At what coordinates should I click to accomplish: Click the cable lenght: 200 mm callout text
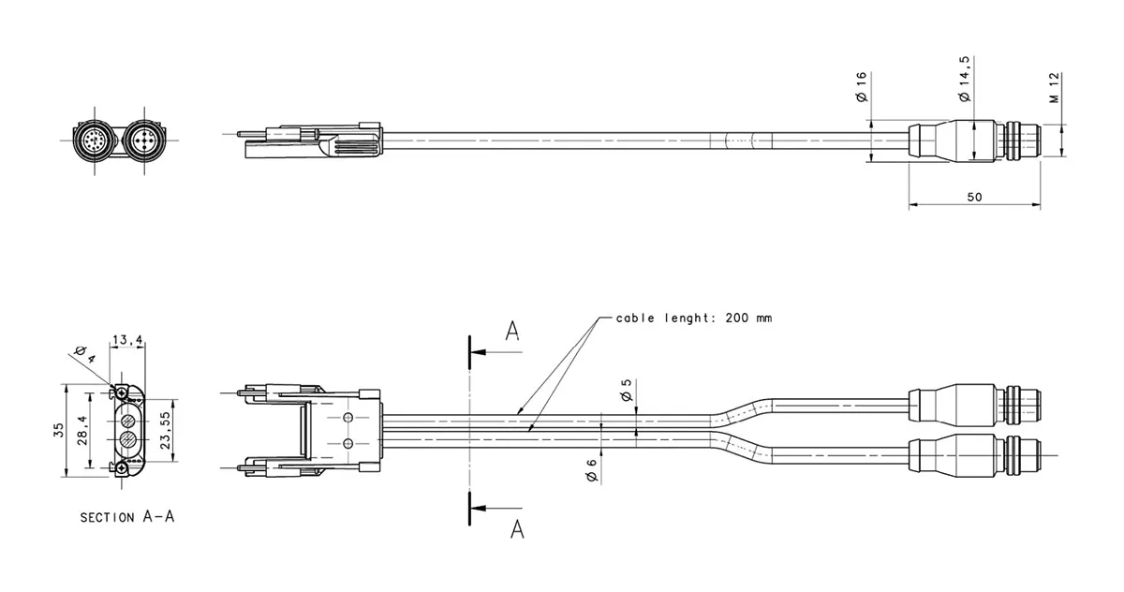click(x=694, y=318)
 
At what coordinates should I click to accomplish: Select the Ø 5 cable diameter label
click(x=626, y=392)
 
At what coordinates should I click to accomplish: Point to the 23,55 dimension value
click(x=166, y=431)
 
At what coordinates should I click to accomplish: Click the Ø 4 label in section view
click(x=84, y=354)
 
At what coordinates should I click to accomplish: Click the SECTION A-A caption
click(x=126, y=516)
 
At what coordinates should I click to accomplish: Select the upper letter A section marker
click(x=511, y=331)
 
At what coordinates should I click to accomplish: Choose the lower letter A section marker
click(x=516, y=529)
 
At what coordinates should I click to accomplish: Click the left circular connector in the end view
click(x=93, y=141)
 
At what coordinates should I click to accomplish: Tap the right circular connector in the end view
click(x=144, y=141)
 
